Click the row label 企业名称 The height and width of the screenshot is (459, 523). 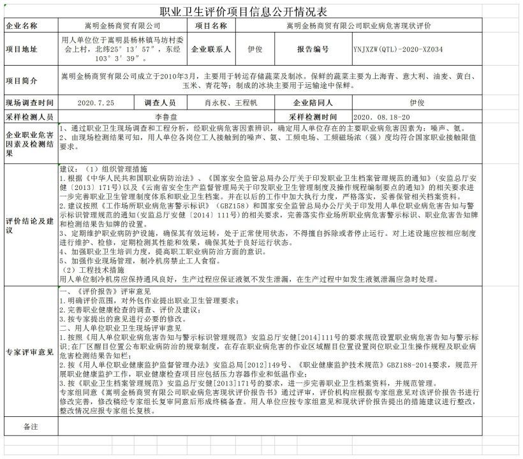tap(22, 26)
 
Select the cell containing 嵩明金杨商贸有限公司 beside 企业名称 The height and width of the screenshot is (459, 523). tap(124, 26)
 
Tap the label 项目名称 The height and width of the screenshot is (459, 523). tap(210, 26)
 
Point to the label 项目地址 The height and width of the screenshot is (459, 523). tap(22, 48)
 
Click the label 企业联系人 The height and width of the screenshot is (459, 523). tap(210, 48)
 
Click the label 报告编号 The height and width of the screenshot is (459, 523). tap(313, 48)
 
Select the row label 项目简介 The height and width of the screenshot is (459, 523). tap(22, 80)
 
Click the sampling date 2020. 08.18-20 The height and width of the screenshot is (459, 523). tap(382, 117)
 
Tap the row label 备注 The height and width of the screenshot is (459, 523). tap(30, 425)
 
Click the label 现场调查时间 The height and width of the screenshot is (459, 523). tap(29, 102)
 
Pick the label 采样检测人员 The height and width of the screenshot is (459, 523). tap(29, 117)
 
